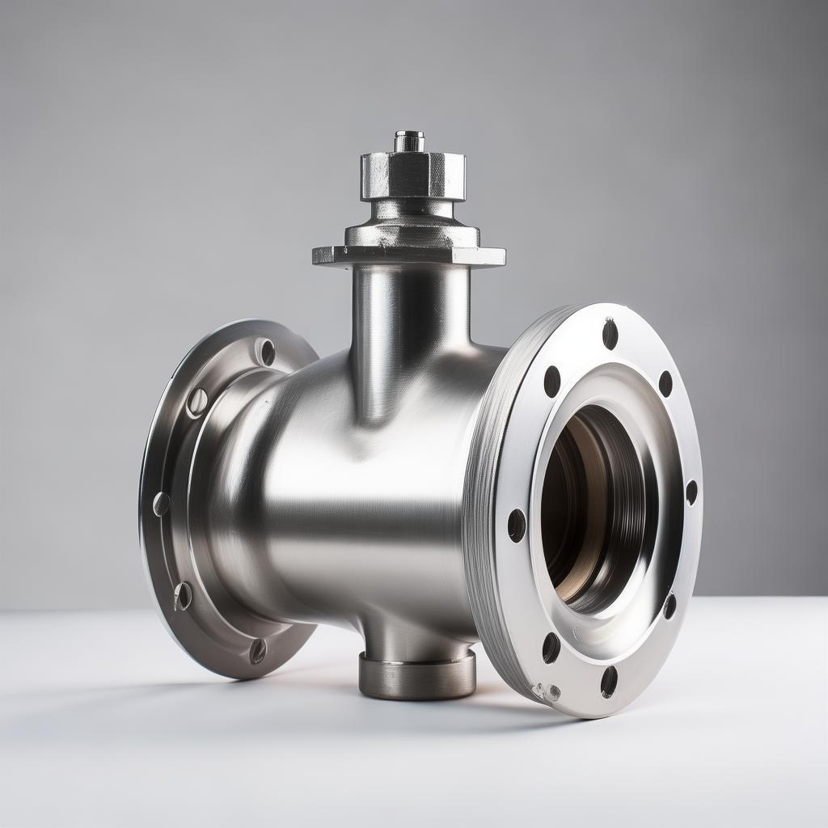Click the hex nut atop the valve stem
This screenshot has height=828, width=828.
click(412, 175)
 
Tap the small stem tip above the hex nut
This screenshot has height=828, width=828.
click(409, 141)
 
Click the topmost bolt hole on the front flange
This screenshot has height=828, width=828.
click(610, 334)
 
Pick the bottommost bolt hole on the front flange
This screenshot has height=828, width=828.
click(608, 681)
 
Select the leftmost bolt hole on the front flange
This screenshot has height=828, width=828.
click(516, 526)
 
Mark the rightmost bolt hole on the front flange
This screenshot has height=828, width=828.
click(691, 492)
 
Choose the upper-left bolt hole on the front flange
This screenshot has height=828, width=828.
click(552, 381)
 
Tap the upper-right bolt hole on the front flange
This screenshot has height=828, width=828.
click(665, 383)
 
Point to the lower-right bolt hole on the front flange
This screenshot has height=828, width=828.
click(670, 606)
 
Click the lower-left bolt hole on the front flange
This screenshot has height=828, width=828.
click(551, 648)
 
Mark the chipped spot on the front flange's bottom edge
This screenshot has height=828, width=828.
click(546, 692)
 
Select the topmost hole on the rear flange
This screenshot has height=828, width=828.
click(265, 352)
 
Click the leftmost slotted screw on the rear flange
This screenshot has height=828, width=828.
click(161, 504)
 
